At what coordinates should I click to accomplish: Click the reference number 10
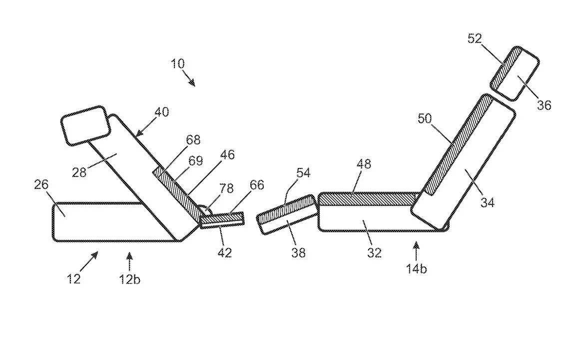(x=177, y=63)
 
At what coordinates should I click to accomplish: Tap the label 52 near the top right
(x=475, y=38)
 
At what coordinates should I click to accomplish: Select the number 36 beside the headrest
(x=544, y=105)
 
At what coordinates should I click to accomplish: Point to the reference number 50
(x=425, y=118)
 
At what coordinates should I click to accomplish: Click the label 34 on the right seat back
(x=487, y=202)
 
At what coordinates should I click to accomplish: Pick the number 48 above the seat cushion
(x=364, y=163)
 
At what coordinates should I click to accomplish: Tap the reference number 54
(x=303, y=172)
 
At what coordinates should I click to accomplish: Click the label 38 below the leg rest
(x=299, y=252)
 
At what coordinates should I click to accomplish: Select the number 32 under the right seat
(x=374, y=252)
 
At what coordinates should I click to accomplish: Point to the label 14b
(x=417, y=268)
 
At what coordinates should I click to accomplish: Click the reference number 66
(x=257, y=185)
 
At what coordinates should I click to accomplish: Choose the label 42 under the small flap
(x=224, y=252)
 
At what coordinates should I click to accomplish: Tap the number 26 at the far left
(x=41, y=184)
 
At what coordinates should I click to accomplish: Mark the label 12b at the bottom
(x=129, y=279)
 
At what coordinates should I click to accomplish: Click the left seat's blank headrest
(x=86, y=125)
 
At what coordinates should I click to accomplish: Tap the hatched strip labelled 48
(x=370, y=199)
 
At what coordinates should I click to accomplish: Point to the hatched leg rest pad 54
(x=286, y=209)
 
